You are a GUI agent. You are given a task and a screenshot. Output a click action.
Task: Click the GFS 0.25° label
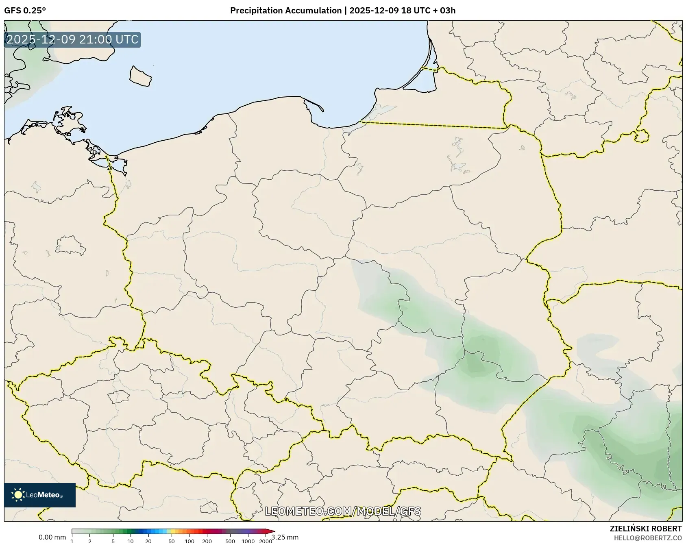click(x=25, y=11)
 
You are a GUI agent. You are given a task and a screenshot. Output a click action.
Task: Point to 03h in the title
click(x=447, y=11)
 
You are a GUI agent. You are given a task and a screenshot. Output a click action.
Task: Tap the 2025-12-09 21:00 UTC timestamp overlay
click(x=72, y=39)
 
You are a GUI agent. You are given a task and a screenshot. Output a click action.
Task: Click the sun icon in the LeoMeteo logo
click(x=18, y=495)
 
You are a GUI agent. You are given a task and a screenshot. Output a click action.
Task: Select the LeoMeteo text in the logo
click(x=43, y=495)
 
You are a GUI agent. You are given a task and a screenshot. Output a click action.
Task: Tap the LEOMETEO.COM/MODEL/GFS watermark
click(x=343, y=511)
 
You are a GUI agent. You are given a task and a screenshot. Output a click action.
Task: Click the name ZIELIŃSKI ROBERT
click(x=646, y=529)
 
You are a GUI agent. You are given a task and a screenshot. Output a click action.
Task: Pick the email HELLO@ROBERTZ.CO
click(x=647, y=538)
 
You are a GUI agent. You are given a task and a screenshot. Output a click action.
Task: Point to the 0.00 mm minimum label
click(x=52, y=537)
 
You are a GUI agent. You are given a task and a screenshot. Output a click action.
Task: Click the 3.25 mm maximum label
click(x=285, y=537)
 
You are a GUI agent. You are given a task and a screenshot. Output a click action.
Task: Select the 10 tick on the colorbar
click(x=130, y=541)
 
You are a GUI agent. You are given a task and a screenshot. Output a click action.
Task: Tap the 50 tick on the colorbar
click(x=172, y=541)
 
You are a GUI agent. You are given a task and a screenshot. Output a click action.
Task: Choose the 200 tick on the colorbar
click(x=207, y=541)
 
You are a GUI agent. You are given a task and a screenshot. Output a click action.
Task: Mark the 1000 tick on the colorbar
click(x=248, y=541)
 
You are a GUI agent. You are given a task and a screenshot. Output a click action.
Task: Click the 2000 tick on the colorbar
click(x=266, y=541)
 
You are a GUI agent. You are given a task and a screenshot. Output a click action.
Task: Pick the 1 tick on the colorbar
click(x=72, y=541)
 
